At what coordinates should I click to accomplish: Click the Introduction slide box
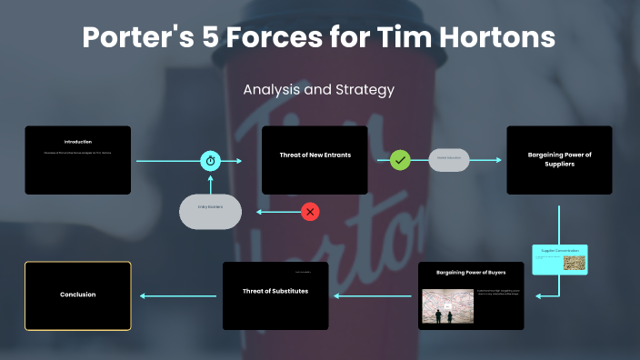(77, 160)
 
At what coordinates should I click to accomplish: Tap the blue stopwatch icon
(211, 161)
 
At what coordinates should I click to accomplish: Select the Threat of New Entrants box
(315, 160)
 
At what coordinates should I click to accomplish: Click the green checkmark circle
(401, 161)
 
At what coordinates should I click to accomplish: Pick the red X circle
(311, 212)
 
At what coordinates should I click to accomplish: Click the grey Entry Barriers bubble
(211, 211)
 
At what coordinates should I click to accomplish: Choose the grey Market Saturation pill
(449, 160)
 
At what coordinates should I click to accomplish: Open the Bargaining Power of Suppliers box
(559, 160)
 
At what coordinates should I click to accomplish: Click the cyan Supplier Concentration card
(560, 259)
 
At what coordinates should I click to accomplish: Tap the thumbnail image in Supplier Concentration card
(574, 263)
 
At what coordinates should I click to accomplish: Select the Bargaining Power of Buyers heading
(471, 272)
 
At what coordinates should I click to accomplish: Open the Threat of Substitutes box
(275, 295)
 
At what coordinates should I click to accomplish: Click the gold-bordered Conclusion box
(77, 295)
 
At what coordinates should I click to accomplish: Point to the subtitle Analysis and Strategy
(319, 90)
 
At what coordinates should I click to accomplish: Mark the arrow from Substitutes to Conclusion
(177, 295)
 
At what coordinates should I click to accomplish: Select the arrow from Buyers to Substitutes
(373, 295)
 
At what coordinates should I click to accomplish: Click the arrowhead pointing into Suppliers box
(497, 161)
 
